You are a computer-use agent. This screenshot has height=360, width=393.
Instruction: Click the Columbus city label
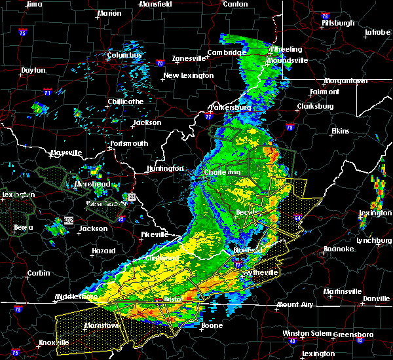(x=124, y=56)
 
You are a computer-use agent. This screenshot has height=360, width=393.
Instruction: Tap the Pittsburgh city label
(x=338, y=23)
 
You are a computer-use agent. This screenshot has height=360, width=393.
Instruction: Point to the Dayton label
(x=33, y=70)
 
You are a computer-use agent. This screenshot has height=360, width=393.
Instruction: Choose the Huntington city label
(x=165, y=168)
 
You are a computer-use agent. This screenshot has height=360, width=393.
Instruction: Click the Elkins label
(x=340, y=132)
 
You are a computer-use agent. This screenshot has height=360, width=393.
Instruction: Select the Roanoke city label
(x=339, y=249)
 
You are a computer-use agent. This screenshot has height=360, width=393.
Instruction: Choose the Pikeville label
(x=155, y=234)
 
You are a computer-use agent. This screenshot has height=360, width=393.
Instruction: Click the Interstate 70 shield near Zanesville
(x=159, y=63)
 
